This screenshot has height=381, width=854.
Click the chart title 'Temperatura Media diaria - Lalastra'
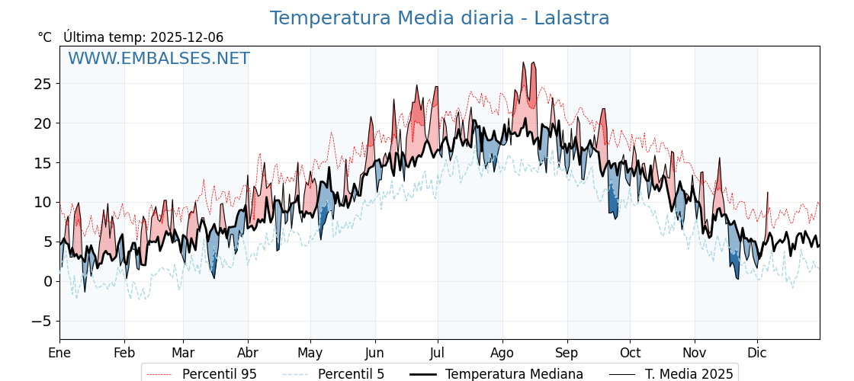point(439,18)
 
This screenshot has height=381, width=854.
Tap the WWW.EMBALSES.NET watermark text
point(159,59)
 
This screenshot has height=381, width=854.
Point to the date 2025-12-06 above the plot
point(187,37)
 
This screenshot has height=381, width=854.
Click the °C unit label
point(45,37)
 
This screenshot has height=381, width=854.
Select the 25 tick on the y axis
point(42,84)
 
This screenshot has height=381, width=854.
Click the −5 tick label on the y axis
point(42,321)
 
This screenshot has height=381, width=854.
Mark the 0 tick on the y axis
point(47,281)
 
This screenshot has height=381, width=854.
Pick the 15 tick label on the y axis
point(42,163)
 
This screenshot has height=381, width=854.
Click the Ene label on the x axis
point(59,353)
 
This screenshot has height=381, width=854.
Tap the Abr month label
point(248,353)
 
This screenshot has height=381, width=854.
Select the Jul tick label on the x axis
point(438,353)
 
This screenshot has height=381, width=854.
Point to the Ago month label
point(502,353)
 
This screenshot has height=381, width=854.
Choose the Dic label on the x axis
point(757,353)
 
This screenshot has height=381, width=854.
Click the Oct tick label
point(630,353)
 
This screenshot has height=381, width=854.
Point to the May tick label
point(310,353)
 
